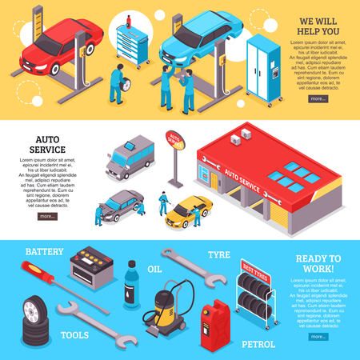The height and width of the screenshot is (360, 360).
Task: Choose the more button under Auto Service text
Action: (47, 216)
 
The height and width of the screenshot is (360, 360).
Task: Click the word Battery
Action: (44, 252)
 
